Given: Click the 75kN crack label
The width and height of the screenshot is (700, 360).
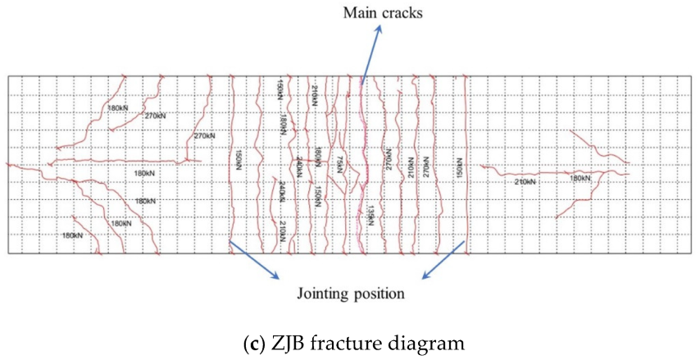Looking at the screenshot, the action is (x=339, y=163).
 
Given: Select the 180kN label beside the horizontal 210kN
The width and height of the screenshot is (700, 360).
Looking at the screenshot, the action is (x=580, y=178).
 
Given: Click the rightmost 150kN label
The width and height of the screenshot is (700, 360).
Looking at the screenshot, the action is (x=460, y=171).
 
